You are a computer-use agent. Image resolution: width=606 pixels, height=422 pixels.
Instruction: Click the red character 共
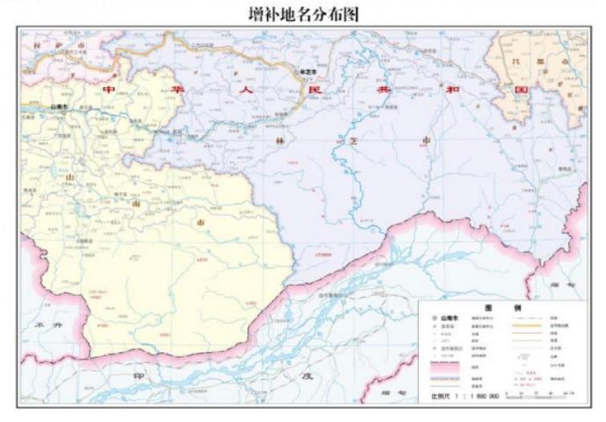pyautogui.click(x=381, y=90)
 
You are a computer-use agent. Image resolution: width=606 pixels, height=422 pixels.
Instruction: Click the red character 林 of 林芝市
pyautogui.click(x=281, y=140)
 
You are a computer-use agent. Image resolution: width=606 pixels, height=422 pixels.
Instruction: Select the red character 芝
pyautogui.click(x=352, y=140)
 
